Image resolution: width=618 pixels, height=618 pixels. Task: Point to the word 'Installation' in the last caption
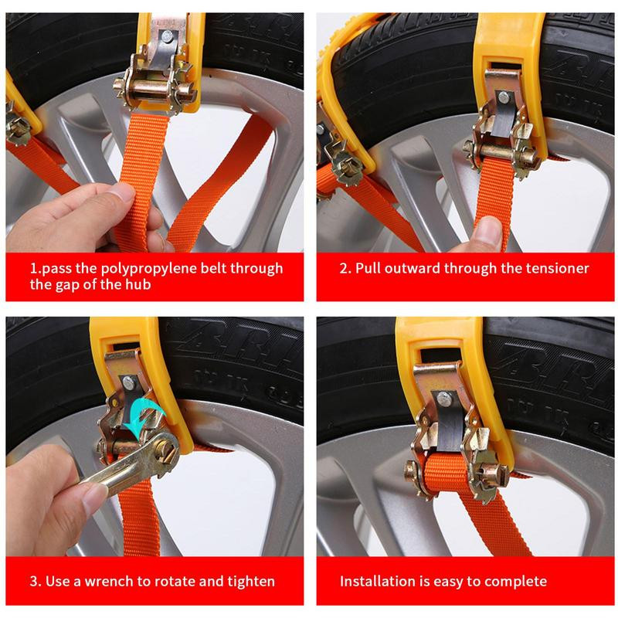(x=383, y=581)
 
